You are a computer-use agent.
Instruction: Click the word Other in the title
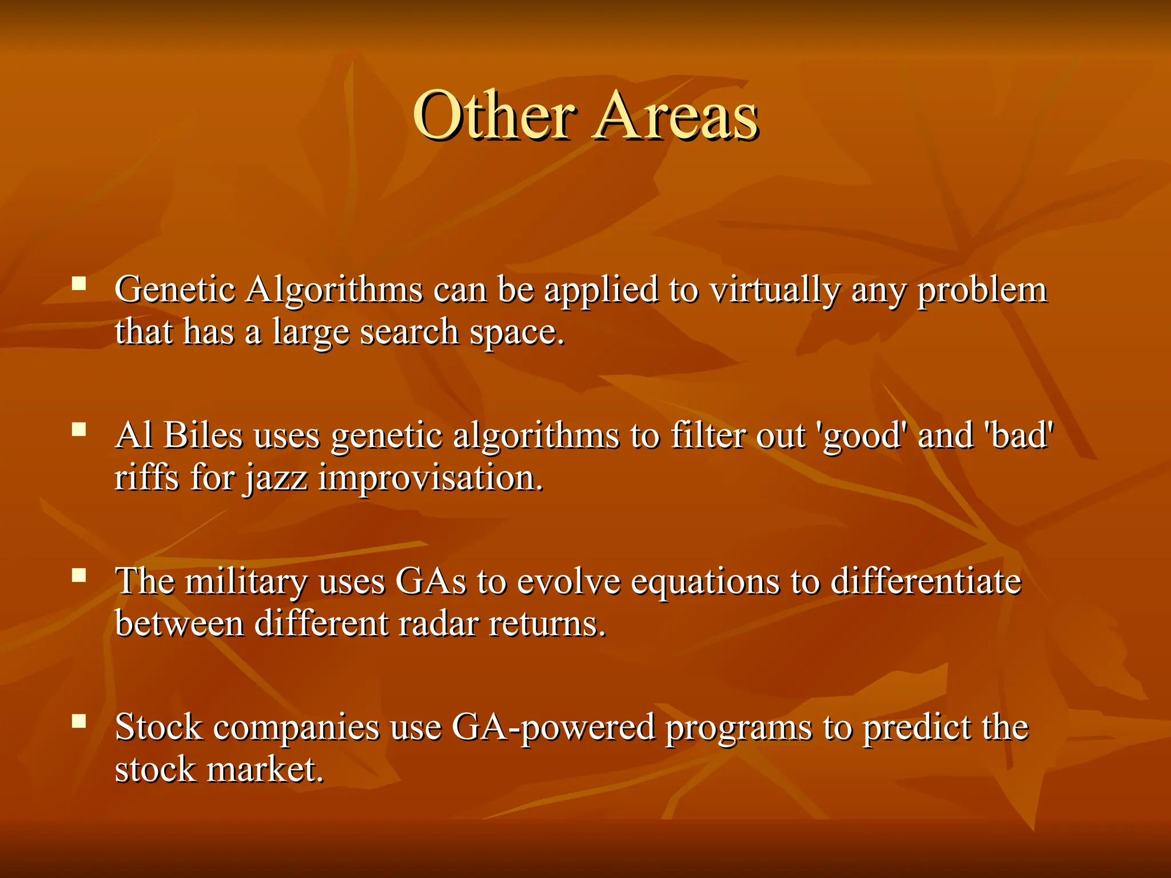(494, 115)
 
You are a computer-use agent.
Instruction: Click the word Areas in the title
(676, 115)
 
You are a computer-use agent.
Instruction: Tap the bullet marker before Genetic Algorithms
(79, 284)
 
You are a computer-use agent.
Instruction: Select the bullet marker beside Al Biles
(79, 429)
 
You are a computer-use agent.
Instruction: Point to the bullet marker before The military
(79, 575)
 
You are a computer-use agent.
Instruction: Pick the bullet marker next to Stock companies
(79, 721)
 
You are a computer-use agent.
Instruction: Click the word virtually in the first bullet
(775, 290)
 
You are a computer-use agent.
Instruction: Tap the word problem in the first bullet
(982, 290)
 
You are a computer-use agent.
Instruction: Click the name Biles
(203, 436)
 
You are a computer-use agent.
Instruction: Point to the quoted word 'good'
(862, 436)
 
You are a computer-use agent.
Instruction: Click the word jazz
(277, 479)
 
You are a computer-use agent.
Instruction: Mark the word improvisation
(430, 478)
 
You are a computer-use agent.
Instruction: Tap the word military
(246, 582)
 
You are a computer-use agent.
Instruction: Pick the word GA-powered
(553, 728)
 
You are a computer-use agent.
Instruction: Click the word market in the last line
(264, 770)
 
